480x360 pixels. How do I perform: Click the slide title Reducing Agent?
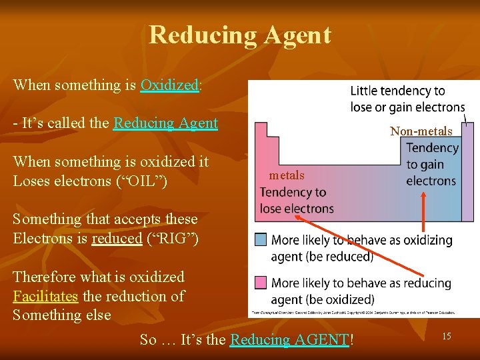coord(239,35)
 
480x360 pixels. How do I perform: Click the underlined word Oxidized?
coord(169,85)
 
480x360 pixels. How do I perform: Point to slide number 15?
coord(446,337)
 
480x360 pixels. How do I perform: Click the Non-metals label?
coord(421,131)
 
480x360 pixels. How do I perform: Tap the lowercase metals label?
coord(287,175)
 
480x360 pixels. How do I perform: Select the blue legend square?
coord(261,239)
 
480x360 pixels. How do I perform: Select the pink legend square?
coord(261,281)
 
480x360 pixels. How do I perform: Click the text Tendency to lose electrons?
coord(296,200)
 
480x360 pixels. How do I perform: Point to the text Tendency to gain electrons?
coord(431,164)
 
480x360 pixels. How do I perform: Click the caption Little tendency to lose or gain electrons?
coord(407,99)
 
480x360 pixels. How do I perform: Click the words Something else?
coord(62,315)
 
